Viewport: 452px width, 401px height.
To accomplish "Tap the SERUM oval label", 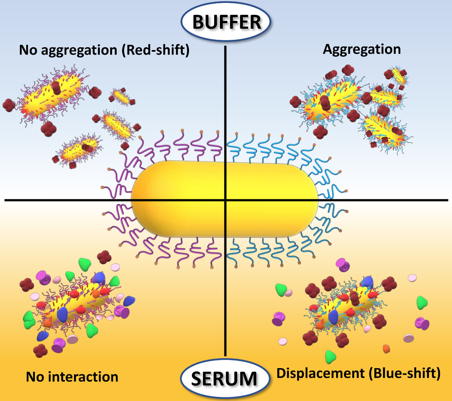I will click(225, 377).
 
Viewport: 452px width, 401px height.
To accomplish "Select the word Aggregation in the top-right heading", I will click(362, 49).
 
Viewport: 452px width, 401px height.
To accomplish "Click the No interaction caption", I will click(72, 376).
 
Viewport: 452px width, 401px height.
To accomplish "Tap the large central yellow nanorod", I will click(225, 199).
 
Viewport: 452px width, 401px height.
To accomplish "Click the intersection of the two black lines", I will click(226, 200).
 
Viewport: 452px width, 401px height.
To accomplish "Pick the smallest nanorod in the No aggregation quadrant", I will click(121, 96).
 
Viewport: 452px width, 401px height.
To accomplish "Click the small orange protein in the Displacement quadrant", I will click(386, 349).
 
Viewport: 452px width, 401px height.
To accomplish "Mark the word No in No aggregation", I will click(27, 51).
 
